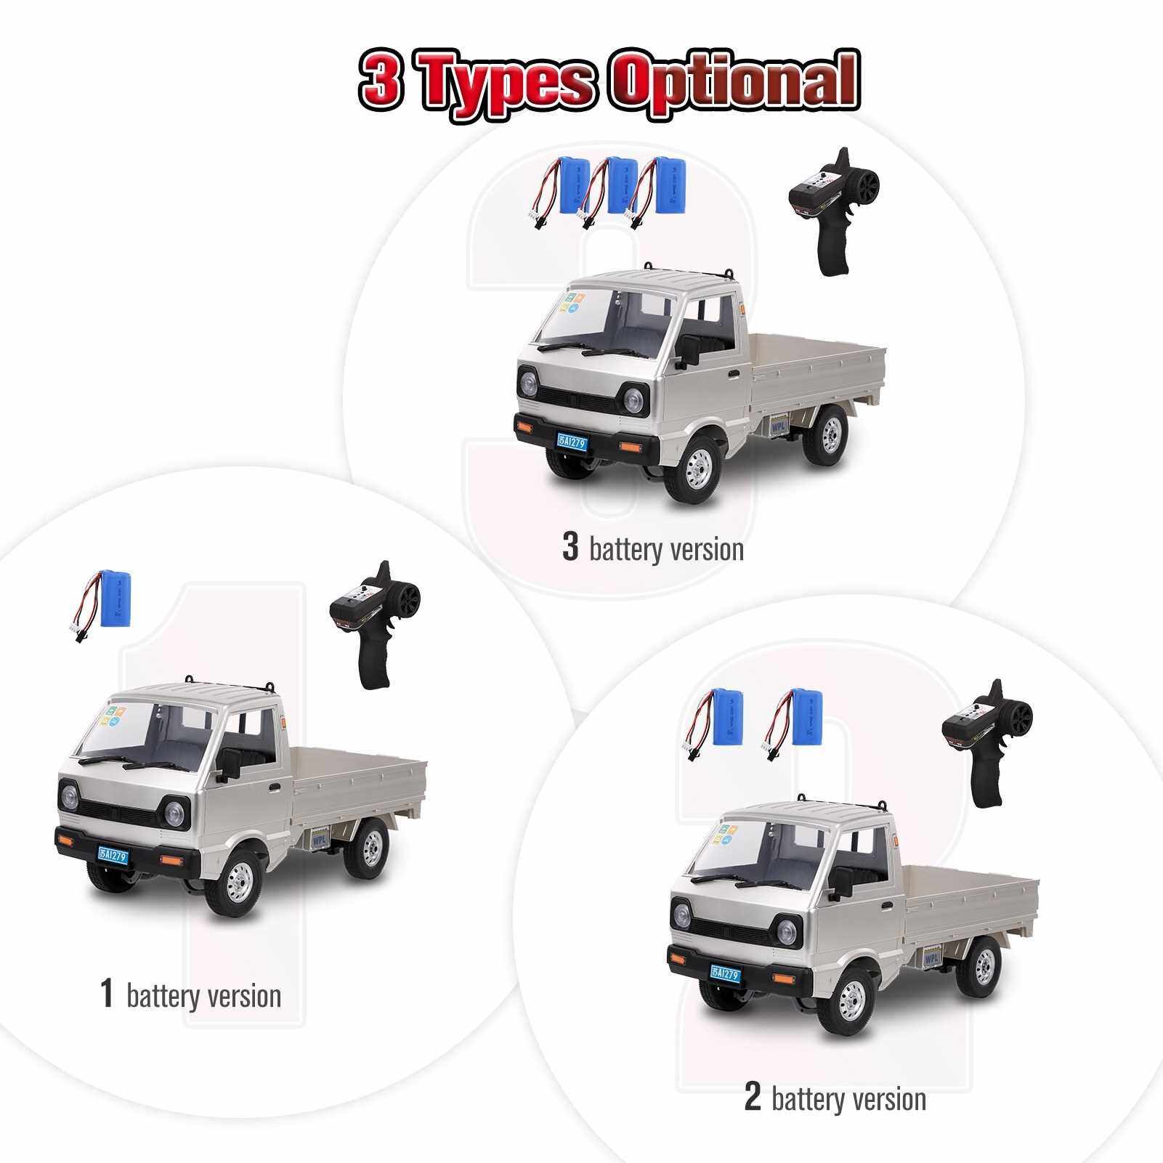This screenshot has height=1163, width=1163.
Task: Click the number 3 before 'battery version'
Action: pyautogui.click(x=570, y=547)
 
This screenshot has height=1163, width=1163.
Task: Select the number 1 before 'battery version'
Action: pyautogui.click(x=107, y=993)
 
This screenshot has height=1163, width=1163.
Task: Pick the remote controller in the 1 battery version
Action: pyautogui.click(x=367, y=624)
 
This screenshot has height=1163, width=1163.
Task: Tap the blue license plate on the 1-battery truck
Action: pyautogui.click(x=113, y=856)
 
